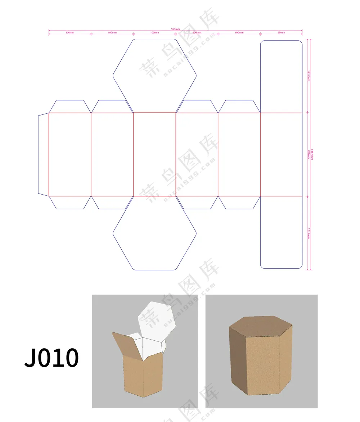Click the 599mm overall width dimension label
175,29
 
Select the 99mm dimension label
281,33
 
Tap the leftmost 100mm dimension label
70,33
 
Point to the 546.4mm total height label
312,154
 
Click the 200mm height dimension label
309,154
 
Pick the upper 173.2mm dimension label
309,76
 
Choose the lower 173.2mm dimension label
309,233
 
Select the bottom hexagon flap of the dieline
154,234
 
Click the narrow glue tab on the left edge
43,154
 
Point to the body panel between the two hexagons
154,154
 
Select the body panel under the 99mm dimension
281,154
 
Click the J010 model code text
51,358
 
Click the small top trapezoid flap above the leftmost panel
70,106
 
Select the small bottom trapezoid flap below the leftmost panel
70,202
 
